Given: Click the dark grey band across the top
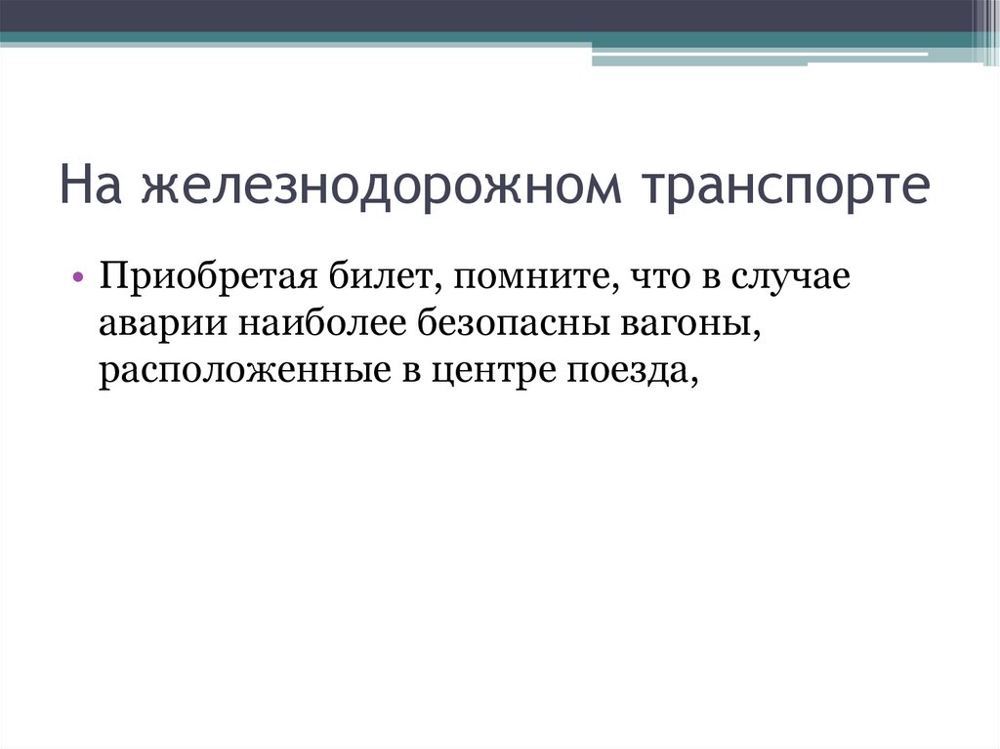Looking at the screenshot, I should click(488, 16).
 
